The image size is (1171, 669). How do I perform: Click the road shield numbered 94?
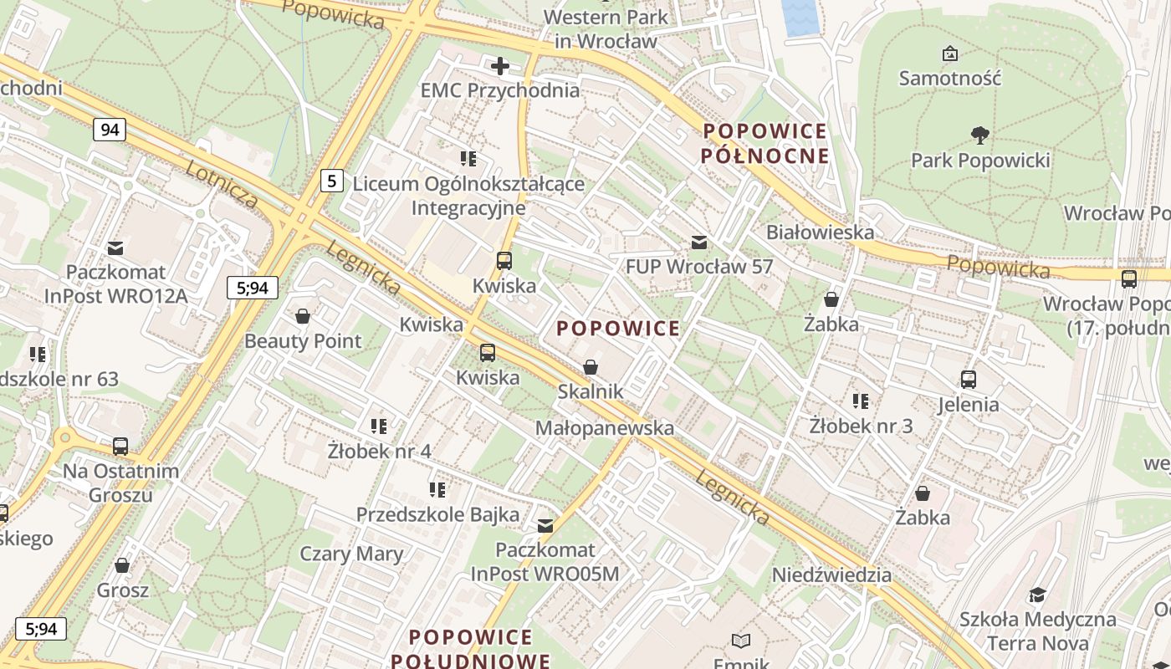(110, 130)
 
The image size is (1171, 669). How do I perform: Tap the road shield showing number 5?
(332, 180)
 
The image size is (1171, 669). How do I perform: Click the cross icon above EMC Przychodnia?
(500, 66)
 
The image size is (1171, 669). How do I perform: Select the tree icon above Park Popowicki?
(979, 135)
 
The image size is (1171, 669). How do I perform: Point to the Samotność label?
(949, 78)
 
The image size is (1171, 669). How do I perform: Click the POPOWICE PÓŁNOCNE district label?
(764, 143)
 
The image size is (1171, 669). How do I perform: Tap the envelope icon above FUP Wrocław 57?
(699, 243)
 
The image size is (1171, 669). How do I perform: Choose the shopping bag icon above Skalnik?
(591, 367)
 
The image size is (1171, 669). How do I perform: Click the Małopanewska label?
(604, 428)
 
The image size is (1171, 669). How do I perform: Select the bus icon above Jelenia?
(969, 380)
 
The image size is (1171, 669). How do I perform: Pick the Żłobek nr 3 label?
(861, 426)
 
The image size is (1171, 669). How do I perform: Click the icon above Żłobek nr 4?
(379, 426)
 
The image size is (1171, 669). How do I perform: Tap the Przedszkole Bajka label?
(437, 514)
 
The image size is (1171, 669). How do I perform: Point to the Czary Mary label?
(351, 554)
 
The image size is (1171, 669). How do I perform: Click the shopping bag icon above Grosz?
(122, 566)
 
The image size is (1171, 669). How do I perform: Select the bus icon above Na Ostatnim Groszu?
(120, 447)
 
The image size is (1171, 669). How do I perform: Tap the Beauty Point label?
(303, 341)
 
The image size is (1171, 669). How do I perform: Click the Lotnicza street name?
(222, 183)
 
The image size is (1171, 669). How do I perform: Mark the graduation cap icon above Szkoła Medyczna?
(1037, 595)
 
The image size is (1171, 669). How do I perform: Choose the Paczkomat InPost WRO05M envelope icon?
(545, 526)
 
